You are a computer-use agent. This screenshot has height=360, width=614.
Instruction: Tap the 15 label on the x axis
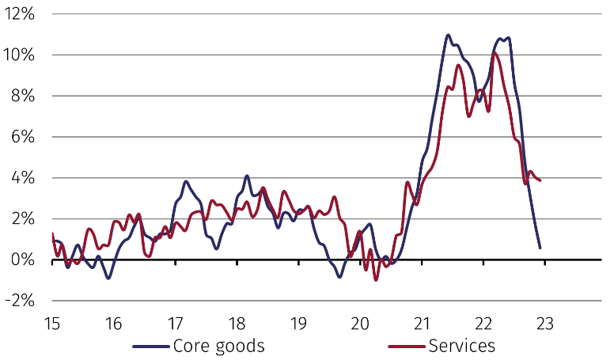tap(51, 324)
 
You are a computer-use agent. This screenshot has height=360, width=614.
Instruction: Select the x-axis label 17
tap(175, 324)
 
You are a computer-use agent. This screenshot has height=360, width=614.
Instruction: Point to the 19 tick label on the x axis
tap(298, 324)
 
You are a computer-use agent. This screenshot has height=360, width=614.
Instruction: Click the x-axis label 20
tap(360, 324)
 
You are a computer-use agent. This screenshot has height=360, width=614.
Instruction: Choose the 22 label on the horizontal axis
tap(483, 324)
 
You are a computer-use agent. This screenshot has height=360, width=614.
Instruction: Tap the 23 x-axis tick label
tap(545, 324)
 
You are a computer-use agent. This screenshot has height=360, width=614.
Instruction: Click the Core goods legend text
tap(218, 346)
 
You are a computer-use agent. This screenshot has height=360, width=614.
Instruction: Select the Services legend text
tap(461, 346)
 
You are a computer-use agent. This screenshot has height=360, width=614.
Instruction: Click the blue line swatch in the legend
tap(150, 347)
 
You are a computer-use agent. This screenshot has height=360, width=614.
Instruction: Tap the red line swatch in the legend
tap(405, 347)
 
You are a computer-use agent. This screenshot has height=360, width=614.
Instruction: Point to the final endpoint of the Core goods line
tap(540, 248)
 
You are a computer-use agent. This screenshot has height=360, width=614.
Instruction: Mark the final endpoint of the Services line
tap(540, 181)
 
